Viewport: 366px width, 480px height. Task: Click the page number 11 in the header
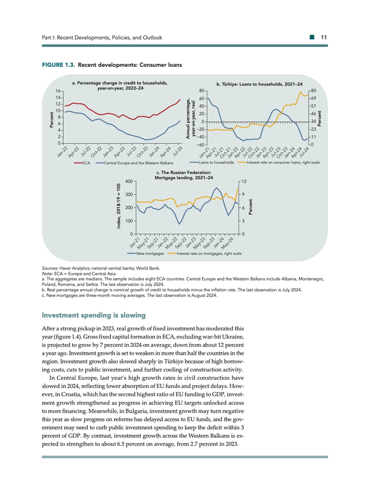click(324, 38)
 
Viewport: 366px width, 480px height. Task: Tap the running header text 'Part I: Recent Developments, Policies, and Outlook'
click(102, 38)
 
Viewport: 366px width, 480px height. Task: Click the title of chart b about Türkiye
click(259, 84)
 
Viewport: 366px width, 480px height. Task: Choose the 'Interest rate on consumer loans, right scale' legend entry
click(279, 162)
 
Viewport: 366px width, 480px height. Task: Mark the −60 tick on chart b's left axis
click(200, 144)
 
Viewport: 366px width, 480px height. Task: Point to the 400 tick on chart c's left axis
click(129, 181)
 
